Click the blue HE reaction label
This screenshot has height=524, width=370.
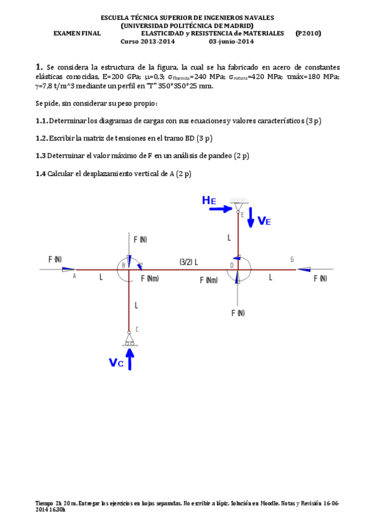[x=209, y=200]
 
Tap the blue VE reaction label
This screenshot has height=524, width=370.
[x=264, y=221]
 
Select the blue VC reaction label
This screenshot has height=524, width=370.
[x=116, y=363]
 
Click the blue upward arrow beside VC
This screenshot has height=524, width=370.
[x=130, y=359]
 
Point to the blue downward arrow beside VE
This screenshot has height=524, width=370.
[x=250, y=217]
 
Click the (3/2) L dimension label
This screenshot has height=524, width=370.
[x=188, y=261]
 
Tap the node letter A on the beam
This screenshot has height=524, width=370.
[x=75, y=276]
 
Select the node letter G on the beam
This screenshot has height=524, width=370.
[x=292, y=260]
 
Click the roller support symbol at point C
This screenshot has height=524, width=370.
[x=129, y=339]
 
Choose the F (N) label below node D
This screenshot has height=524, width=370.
[x=238, y=313]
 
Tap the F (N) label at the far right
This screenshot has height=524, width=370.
[x=319, y=279]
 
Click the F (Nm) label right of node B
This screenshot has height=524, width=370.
[x=149, y=279]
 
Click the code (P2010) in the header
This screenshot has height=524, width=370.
[x=308, y=33]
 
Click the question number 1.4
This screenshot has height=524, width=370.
[x=41, y=174]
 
